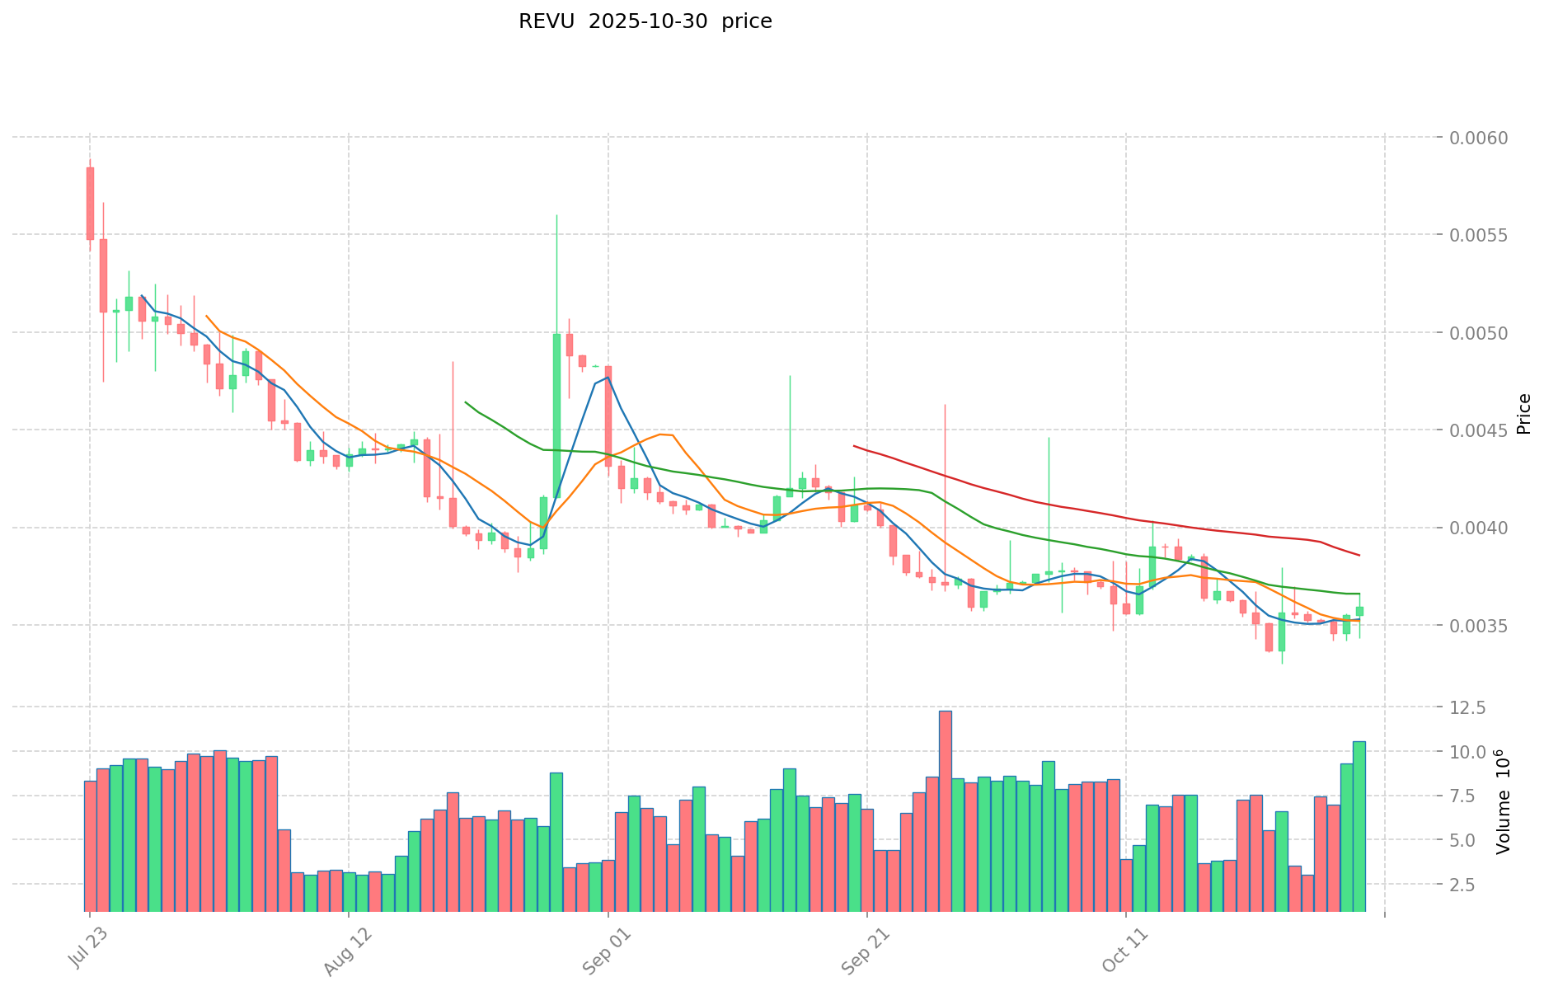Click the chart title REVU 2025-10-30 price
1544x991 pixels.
coord(645,22)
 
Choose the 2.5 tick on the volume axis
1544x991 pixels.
coord(1469,885)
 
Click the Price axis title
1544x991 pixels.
coord(1523,414)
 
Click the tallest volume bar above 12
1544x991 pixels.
coord(945,810)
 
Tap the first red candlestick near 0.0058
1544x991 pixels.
coord(90,204)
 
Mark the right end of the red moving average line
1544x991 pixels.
coord(1359,556)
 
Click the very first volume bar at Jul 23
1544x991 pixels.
coord(90,846)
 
